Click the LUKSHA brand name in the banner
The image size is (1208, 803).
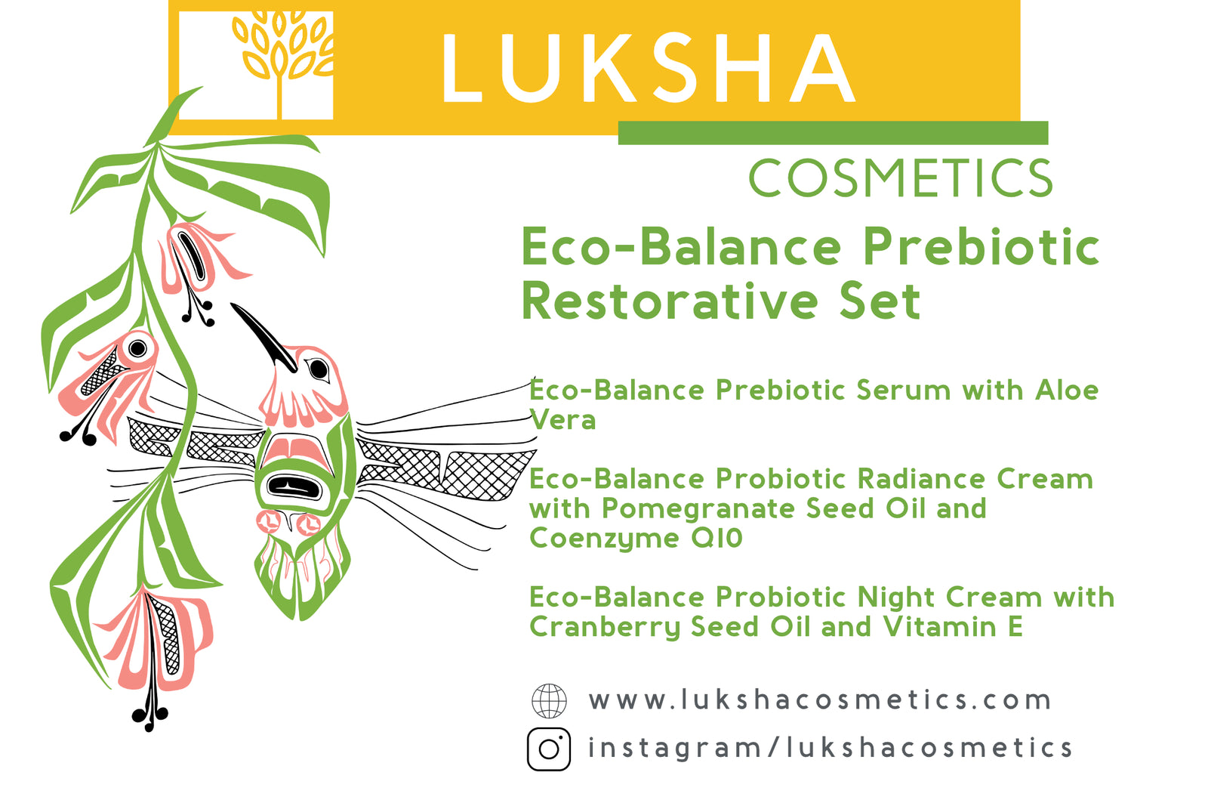click(x=648, y=68)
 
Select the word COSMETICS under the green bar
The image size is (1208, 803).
click(x=900, y=178)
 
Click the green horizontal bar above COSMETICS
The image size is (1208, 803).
click(x=832, y=133)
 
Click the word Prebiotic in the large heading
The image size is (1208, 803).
click(x=981, y=247)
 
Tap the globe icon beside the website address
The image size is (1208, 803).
click(x=549, y=700)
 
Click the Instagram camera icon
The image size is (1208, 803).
click(x=549, y=749)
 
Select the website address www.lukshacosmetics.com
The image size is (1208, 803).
click(x=820, y=700)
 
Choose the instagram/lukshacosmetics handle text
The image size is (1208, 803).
click(x=830, y=748)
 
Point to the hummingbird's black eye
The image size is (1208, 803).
click(x=319, y=369)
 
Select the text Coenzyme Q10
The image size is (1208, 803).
click(x=636, y=538)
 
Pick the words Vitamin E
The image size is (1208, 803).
click(x=953, y=627)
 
